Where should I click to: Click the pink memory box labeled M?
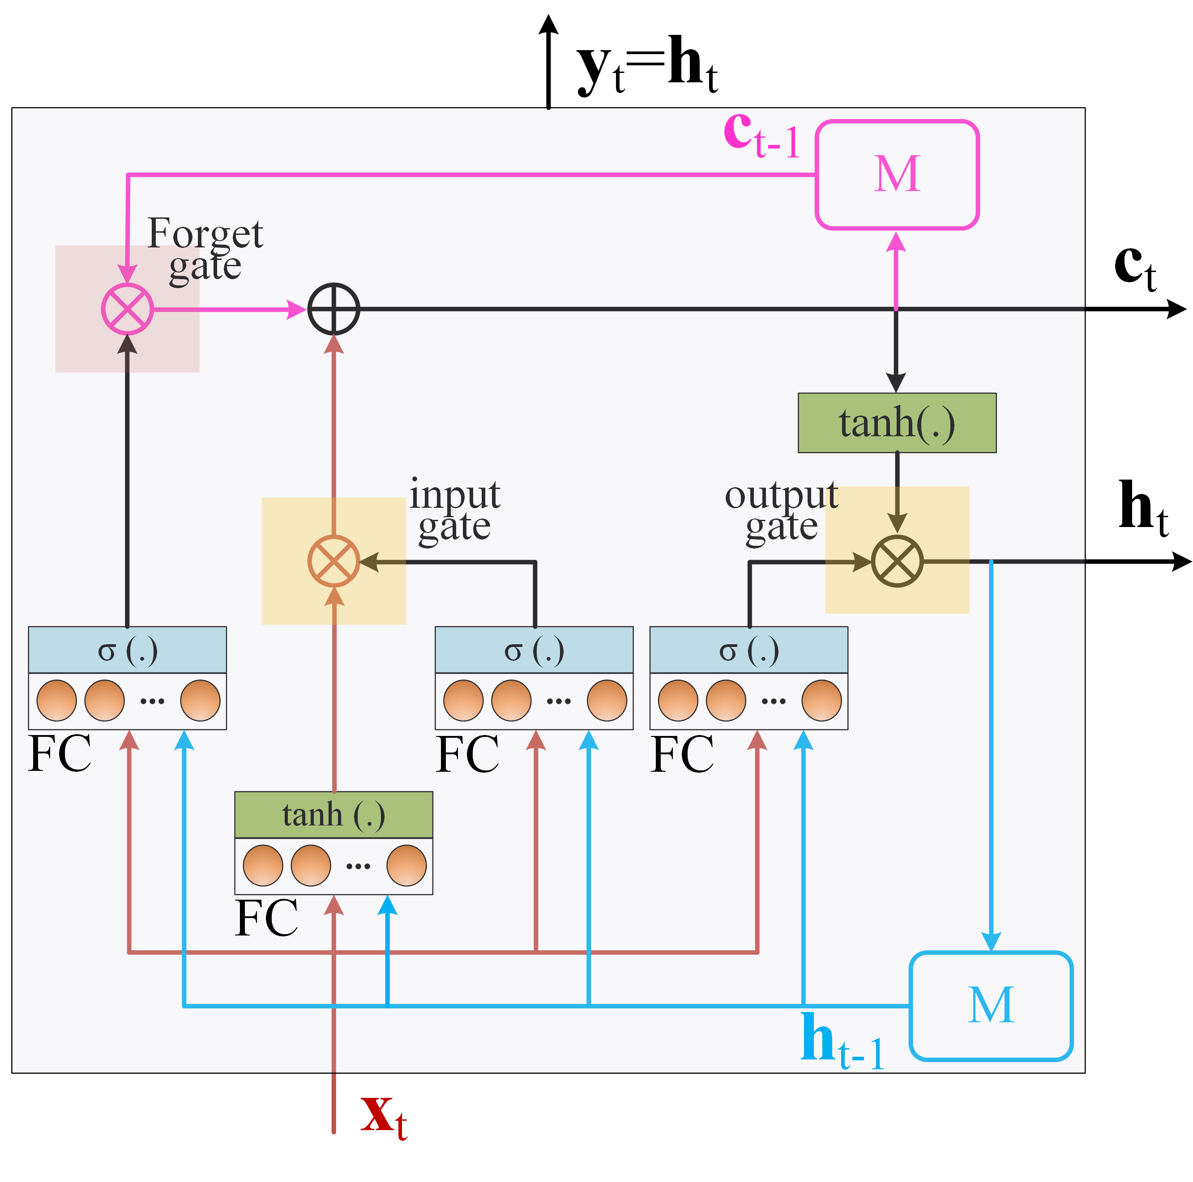pos(897,174)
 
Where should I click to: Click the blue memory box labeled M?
pos(991,1006)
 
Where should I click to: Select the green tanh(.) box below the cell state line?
pos(897,423)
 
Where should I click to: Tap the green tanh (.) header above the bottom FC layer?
pos(334,815)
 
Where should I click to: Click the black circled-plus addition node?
pos(334,309)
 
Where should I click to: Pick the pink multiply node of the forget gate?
pos(127,309)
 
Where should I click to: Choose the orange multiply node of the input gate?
pos(334,561)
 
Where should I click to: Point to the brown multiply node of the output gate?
pos(897,561)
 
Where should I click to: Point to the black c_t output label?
pos(1135,267)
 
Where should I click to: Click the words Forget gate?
pos(205,250)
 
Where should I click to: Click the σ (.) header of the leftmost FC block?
pos(127,650)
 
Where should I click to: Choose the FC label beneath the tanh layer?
pos(266,918)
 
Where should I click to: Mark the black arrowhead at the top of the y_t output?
pos(548,23)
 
